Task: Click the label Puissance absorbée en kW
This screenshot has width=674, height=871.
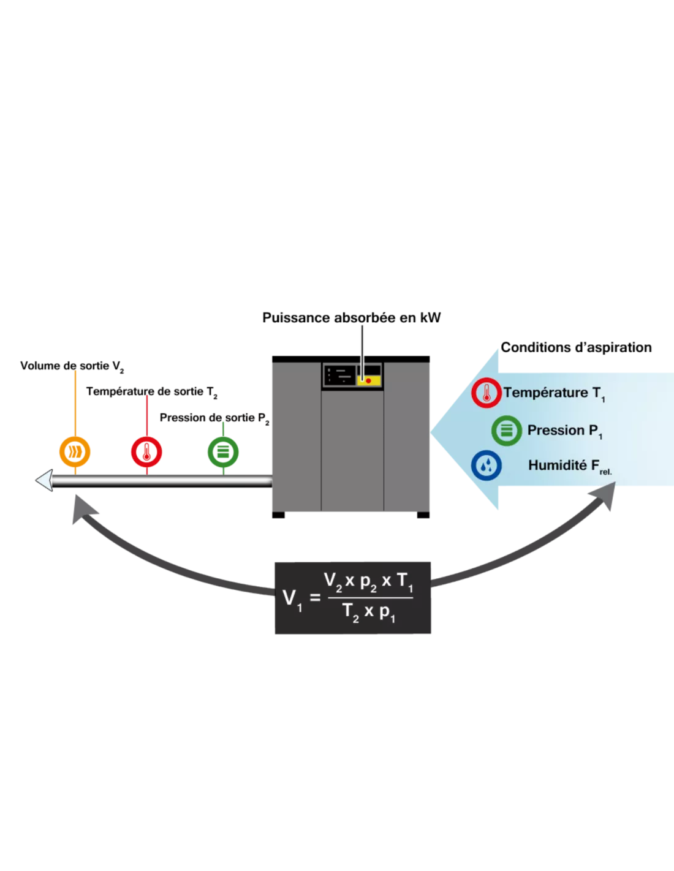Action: tap(351, 318)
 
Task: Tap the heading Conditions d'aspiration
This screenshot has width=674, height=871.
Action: tap(576, 347)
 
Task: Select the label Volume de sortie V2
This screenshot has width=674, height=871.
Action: tap(72, 366)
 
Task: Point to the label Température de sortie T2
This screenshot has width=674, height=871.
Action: tap(152, 392)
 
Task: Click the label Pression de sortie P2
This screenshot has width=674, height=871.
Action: tap(214, 418)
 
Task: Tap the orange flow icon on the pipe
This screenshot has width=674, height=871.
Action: tap(75, 452)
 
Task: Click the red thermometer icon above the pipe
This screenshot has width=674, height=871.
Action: tap(147, 452)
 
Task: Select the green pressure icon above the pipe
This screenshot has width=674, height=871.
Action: tap(223, 452)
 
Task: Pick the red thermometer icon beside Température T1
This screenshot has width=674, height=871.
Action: tap(487, 393)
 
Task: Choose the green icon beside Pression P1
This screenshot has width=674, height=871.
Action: tap(507, 431)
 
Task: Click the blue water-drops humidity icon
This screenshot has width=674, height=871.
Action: tap(487, 466)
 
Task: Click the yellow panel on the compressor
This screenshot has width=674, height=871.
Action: tap(369, 380)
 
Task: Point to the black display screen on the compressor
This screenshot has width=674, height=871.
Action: tap(339, 376)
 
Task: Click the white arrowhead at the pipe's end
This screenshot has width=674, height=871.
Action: tap(44, 480)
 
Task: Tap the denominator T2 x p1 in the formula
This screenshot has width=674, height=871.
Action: tap(369, 613)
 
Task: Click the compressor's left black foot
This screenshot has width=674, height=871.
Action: tap(278, 515)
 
